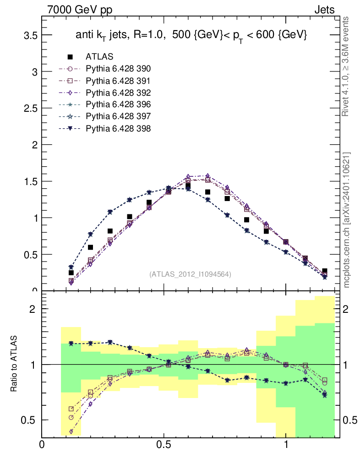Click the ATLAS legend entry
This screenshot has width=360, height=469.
99,57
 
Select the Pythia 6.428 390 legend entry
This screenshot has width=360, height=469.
118,69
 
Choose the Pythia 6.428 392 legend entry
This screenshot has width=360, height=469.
118,93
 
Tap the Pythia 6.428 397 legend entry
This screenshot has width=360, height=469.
118,117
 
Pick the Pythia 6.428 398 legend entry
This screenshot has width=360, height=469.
118,129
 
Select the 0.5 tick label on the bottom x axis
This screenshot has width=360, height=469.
164,445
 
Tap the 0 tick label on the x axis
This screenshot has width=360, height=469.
42,445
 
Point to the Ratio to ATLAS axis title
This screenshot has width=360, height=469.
14,364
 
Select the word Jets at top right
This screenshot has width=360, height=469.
324,10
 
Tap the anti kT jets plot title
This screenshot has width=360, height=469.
191,35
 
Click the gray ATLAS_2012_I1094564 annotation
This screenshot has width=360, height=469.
190,274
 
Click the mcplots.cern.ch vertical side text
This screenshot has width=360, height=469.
346,220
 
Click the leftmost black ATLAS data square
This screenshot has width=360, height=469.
71,273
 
